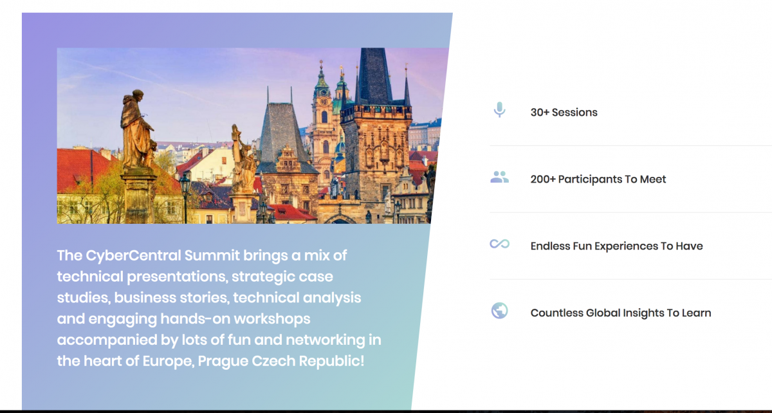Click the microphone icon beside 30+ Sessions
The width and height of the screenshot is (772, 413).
pos(499,110)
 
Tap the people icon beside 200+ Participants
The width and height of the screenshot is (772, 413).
pos(499,177)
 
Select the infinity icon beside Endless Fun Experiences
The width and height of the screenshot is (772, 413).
pos(499,244)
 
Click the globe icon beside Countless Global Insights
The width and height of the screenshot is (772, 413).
pos(499,311)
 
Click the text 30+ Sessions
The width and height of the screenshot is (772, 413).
pos(564,113)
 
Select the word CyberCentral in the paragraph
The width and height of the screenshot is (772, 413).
pos(133,255)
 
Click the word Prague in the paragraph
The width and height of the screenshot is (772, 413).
pos(223,362)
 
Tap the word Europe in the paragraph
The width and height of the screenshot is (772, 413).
pos(169,362)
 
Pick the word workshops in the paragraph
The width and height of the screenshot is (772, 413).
pos(272,319)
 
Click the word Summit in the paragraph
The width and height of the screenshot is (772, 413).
pos(212,255)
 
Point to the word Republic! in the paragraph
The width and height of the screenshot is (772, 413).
pos(331,361)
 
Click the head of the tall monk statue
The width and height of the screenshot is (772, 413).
pos(138,96)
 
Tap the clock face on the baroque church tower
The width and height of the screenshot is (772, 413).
pos(323,102)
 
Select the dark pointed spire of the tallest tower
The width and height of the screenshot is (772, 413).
pos(374,74)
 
